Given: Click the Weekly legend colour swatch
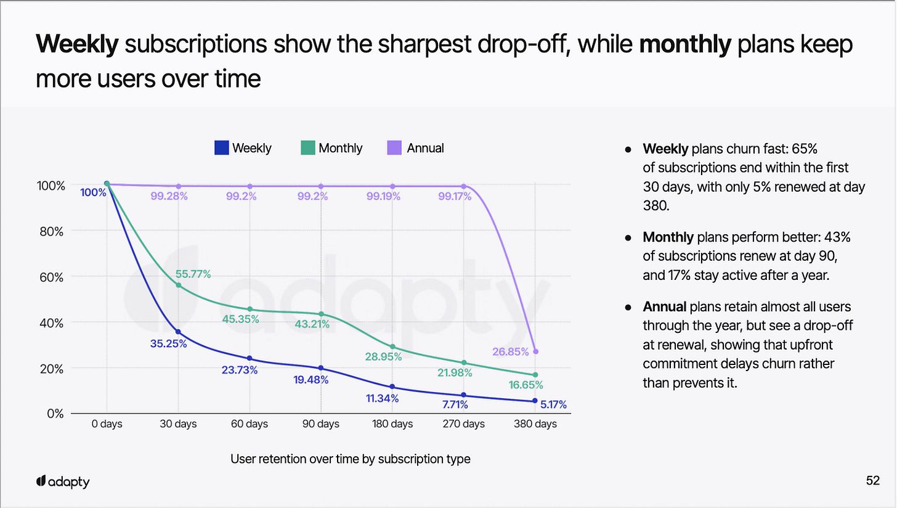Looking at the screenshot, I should click(222, 148).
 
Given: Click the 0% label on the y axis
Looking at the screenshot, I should click(55, 413).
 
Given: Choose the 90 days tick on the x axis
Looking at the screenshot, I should click(321, 424).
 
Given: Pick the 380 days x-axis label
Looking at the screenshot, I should click(535, 424).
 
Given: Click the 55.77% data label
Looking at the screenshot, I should click(193, 274).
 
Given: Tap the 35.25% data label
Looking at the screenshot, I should click(168, 343).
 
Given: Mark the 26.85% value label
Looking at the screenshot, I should click(511, 352).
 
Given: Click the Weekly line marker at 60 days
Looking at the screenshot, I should click(250, 358).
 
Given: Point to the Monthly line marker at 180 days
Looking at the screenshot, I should click(392, 346).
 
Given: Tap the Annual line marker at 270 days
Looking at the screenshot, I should click(464, 186).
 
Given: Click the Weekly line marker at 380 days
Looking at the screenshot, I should click(535, 401).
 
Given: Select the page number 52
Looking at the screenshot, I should click(872, 481).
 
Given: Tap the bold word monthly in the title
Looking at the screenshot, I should click(685, 45).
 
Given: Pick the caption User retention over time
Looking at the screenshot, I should click(350, 459).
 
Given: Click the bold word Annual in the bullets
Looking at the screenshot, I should click(665, 306).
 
